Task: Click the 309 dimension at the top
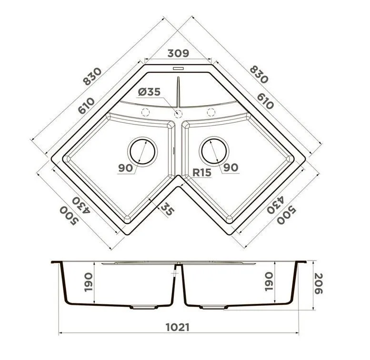tap(178, 53)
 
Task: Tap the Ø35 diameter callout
tap(149, 92)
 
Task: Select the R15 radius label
tap(202, 173)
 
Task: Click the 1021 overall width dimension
tap(178, 327)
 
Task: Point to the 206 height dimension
tap(319, 283)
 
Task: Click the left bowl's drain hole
tap(142, 151)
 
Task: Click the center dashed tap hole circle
tap(178, 114)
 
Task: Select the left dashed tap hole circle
tap(145, 112)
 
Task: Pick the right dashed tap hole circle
tap(211, 112)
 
